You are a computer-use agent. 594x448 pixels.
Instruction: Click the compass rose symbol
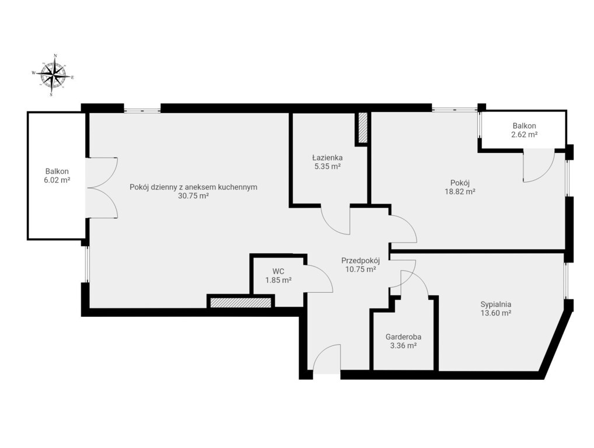point(53,75)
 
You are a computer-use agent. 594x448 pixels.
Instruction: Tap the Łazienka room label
point(327,157)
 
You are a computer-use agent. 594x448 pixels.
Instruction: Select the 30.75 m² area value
point(193,196)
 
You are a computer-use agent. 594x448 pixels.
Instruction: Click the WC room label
point(278,271)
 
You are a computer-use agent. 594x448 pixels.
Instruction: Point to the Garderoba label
point(403,337)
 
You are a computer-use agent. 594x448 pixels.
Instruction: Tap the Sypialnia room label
point(496,304)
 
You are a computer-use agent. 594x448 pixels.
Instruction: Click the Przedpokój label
point(360,261)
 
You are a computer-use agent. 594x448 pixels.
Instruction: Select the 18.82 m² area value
point(460,191)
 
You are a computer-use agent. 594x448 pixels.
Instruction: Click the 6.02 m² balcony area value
point(57,180)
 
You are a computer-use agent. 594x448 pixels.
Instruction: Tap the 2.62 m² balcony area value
point(525,134)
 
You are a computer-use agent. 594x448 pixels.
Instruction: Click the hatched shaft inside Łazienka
point(363,128)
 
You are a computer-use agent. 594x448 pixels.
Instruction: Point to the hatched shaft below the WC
point(241,303)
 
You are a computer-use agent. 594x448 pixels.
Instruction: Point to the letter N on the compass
point(55,55)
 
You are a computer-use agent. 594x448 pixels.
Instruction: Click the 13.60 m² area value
point(496,313)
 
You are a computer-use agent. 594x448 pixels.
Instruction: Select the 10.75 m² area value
point(360,269)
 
